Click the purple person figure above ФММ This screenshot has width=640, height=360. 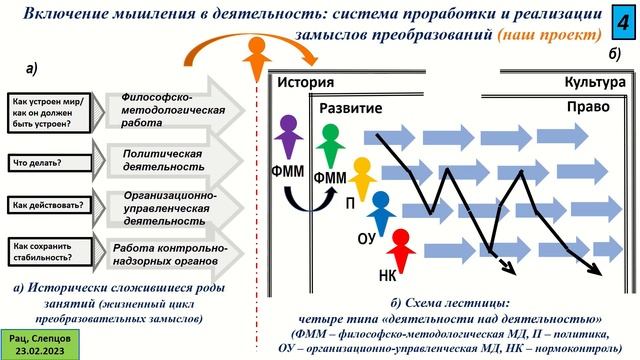289,139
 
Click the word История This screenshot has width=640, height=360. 305,83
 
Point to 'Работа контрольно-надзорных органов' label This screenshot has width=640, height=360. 165,253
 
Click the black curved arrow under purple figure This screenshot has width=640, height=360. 301,203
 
